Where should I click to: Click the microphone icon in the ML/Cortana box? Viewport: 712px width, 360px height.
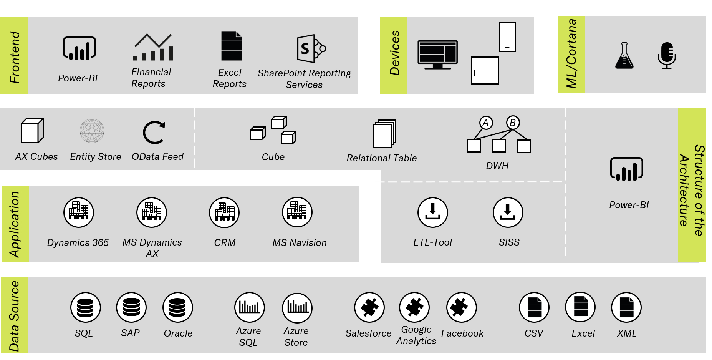667,55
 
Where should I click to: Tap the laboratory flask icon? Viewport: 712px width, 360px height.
624,55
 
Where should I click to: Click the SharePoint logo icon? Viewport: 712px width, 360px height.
311,48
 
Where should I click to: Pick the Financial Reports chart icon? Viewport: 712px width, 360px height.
153,47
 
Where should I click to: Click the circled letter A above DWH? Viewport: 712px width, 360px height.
486,123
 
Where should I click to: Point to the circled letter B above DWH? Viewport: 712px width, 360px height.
513,123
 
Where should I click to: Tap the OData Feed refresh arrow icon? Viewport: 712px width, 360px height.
154,133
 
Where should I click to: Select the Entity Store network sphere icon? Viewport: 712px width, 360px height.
92,131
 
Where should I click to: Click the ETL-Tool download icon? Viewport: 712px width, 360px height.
433,212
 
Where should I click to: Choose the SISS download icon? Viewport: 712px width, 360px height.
508,212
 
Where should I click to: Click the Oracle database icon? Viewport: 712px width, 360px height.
177,307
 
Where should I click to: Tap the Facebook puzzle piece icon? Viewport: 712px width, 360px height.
462,307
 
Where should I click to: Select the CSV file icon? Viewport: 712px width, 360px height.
534,307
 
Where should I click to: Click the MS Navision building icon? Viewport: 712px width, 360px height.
297,212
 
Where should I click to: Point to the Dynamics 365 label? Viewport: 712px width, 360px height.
78,243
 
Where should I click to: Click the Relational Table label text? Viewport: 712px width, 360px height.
382,158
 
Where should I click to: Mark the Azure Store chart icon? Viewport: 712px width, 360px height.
297,307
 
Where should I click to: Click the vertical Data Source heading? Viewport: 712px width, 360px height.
14,316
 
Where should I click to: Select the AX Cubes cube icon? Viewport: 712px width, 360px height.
32,130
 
